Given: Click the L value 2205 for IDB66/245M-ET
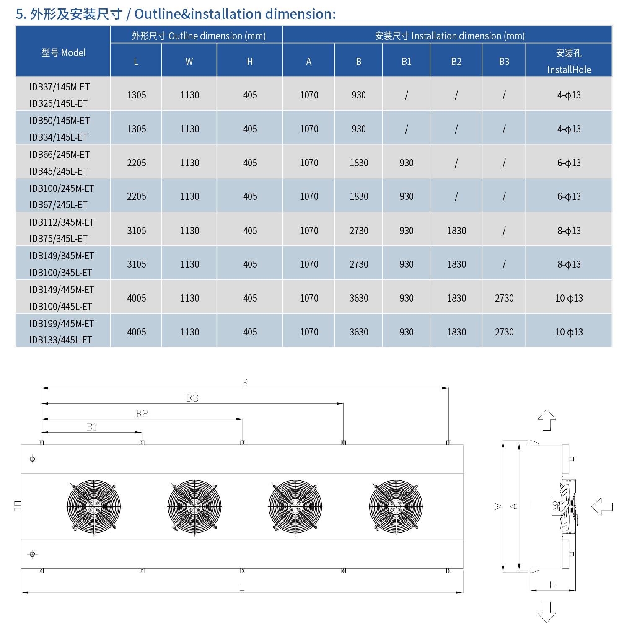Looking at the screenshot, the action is coord(137,163).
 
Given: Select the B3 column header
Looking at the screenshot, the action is coord(504,62).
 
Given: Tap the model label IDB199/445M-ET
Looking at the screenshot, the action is coord(62,324).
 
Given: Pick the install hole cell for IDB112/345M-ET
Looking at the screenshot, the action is coord(569,231).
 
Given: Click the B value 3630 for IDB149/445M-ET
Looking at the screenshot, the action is coord(359,298).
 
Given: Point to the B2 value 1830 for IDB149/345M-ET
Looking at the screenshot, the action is coord(456,264).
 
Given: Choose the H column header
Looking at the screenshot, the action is coord(250,62).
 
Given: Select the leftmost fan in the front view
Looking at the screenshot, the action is coord(94,507).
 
